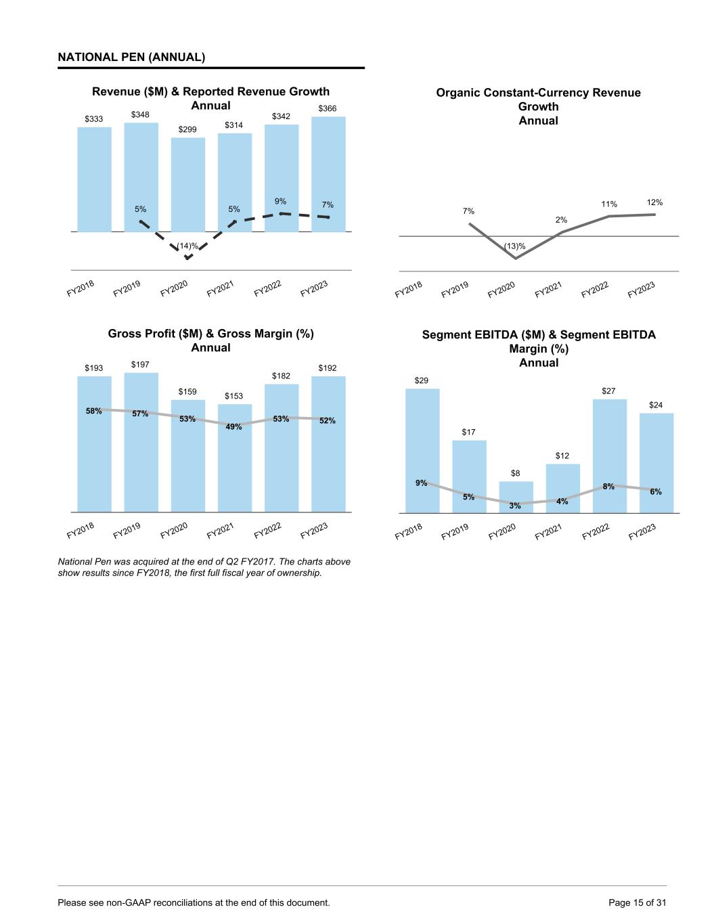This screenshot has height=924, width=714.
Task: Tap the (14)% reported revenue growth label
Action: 187,246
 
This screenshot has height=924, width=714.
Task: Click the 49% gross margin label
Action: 234,427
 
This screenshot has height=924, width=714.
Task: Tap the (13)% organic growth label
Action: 515,245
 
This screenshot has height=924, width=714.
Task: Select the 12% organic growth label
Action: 654,202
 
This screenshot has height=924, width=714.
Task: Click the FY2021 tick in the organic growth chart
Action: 549,290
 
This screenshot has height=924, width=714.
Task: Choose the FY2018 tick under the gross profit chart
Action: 81,530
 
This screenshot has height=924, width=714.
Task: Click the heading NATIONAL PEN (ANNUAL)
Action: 131,58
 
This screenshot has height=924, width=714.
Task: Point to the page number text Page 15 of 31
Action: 638,902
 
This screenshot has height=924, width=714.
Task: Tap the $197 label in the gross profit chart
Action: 140,364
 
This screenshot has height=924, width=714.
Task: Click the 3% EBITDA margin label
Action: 515,506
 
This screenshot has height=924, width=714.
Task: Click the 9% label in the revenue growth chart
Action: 281,201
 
